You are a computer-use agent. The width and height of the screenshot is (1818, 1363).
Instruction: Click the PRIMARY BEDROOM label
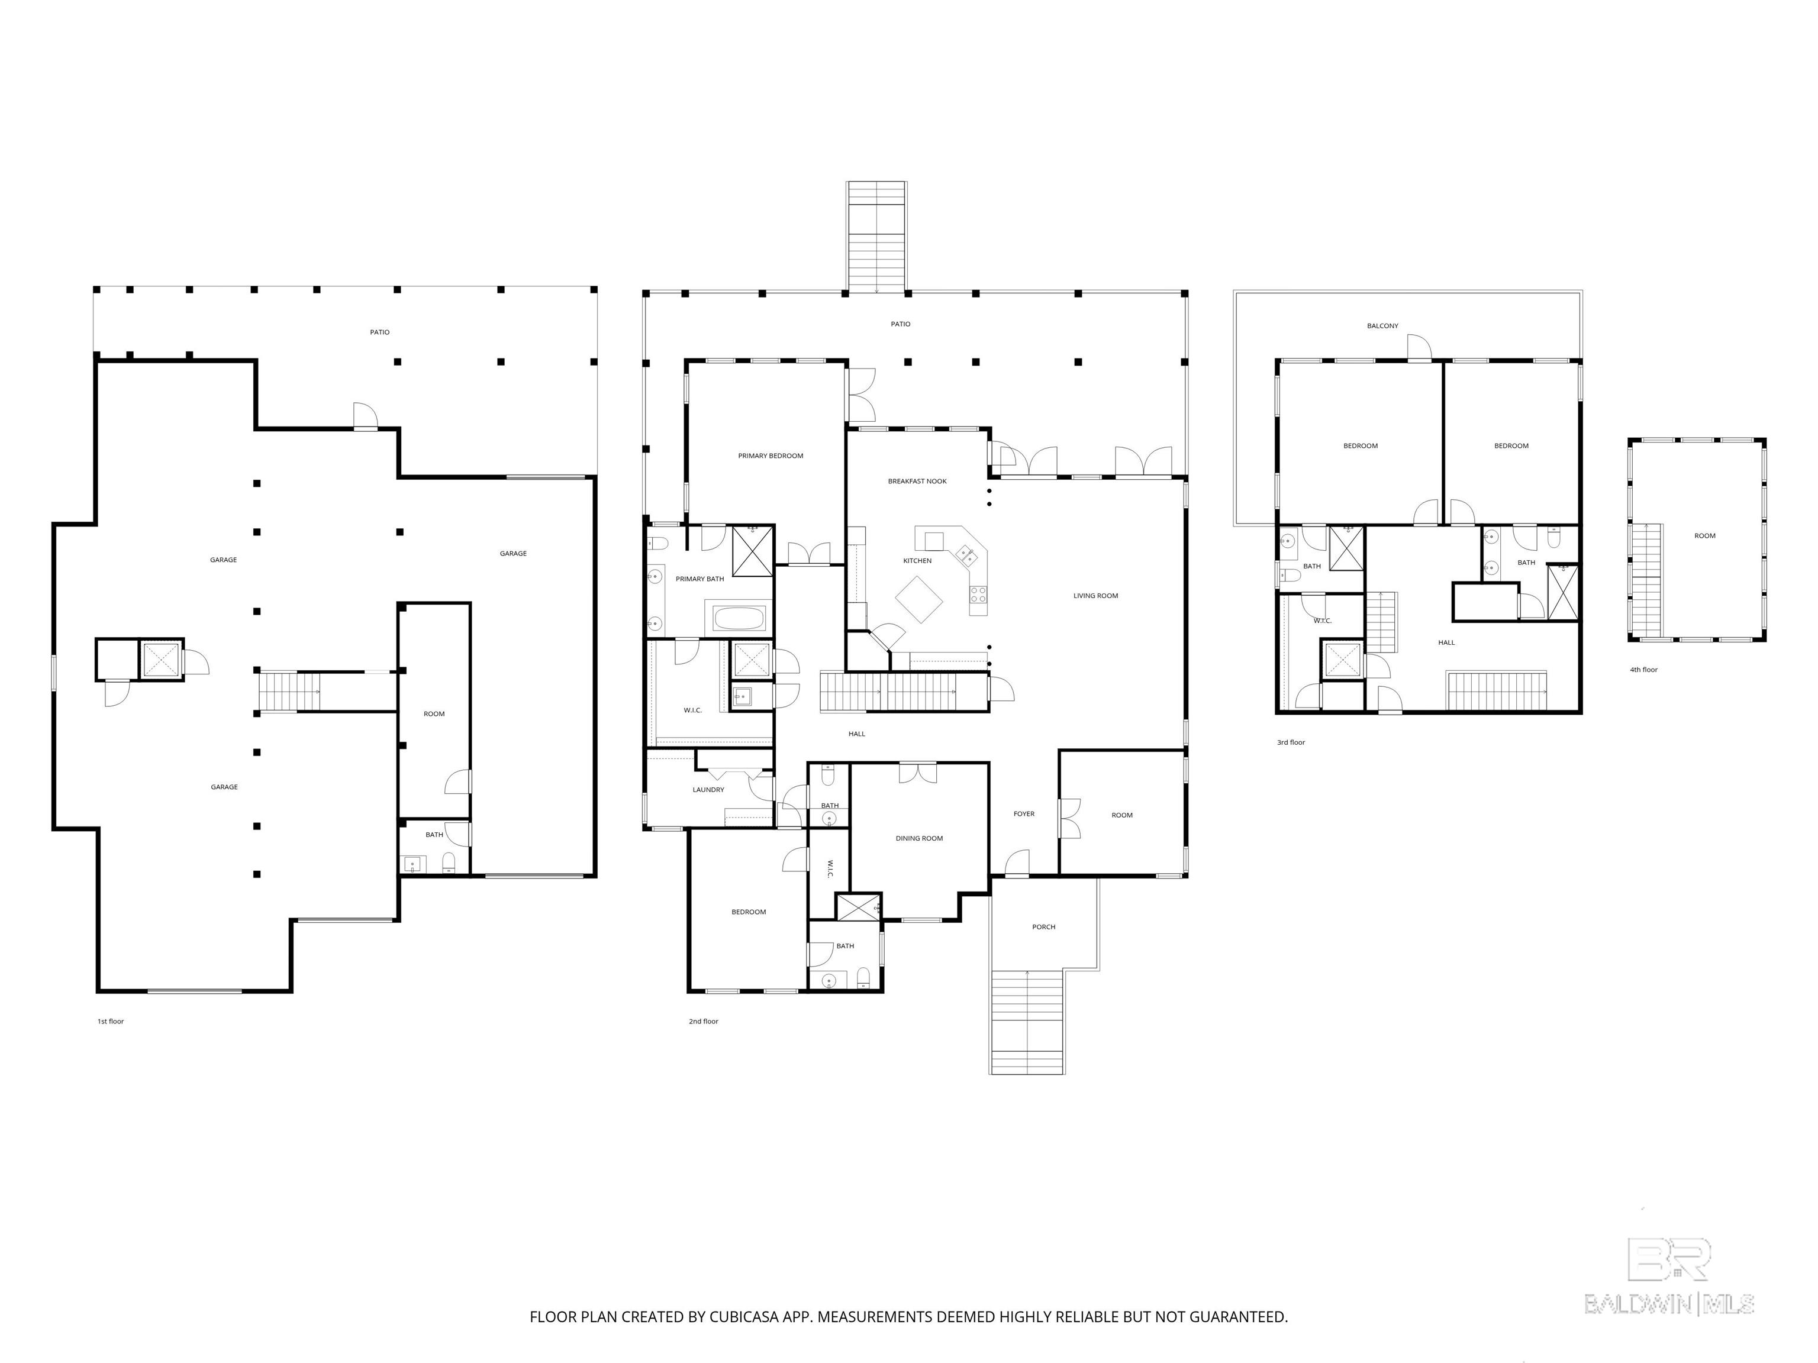[770, 456]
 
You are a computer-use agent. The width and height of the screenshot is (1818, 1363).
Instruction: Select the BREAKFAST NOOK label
[917, 482]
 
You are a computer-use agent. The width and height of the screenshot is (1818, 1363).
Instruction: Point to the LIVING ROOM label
[1095, 596]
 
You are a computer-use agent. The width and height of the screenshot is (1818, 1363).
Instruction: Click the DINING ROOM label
[919, 839]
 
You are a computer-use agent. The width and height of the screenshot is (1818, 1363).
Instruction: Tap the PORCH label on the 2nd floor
[1044, 927]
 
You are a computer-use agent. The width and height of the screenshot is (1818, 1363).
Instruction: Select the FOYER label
[1024, 814]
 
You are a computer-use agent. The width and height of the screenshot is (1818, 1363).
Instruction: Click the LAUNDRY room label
[708, 790]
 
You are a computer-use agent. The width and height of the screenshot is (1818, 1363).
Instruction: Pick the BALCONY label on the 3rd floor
[1382, 326]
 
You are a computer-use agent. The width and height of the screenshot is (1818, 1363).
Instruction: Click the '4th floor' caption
[1644, 670]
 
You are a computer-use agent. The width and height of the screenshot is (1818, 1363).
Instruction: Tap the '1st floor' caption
[111, 1021]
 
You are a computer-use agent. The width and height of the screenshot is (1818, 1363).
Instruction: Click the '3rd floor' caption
[1290, 742]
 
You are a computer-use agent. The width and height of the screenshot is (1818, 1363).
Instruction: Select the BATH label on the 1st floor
[434, 835]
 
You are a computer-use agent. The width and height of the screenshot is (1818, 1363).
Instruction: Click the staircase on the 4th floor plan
[1646, 580]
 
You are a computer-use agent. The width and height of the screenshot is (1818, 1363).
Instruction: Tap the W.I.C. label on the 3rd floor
[1323, 621]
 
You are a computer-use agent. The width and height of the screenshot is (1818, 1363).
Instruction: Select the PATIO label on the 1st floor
[380, 332]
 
